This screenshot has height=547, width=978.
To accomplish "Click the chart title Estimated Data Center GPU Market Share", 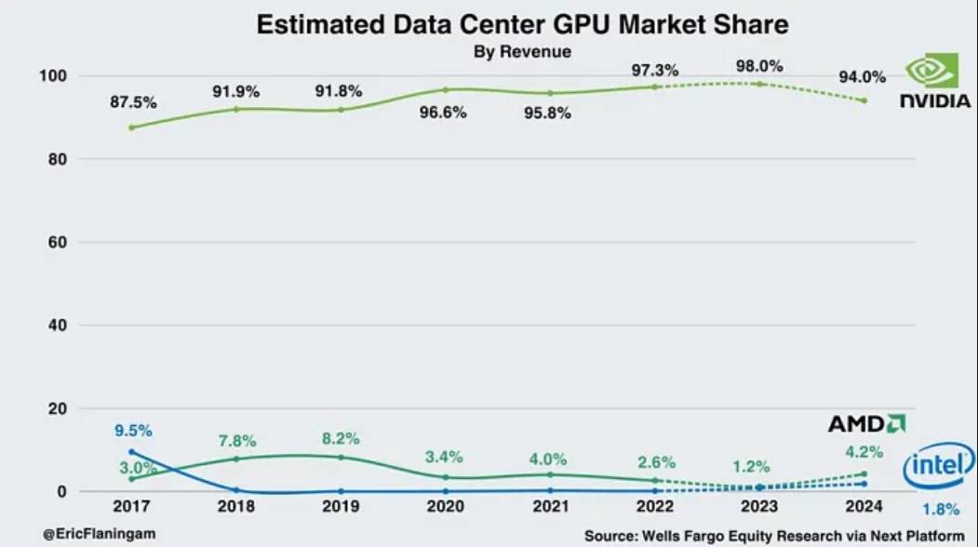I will click(522, 24).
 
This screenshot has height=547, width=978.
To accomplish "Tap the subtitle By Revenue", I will click(522, 52).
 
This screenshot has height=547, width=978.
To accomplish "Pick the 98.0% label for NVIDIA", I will click(759, 66).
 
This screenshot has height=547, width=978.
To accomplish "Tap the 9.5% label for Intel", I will click(133, 431).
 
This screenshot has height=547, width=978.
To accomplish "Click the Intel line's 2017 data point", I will click(131, 452).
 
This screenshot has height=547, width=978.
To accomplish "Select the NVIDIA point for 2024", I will click(865, 100).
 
